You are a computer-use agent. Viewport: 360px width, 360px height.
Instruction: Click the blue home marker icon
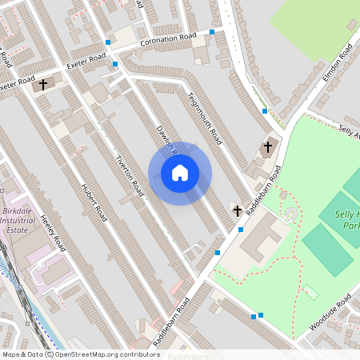point(180,173)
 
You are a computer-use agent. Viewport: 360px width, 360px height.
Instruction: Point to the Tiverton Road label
point(130,176)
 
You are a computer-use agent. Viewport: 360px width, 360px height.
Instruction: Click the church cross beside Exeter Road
point(42,82)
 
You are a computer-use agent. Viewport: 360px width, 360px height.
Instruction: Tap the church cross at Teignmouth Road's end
point(268,147)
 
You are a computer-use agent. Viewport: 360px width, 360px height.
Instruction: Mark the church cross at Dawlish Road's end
point(237,210)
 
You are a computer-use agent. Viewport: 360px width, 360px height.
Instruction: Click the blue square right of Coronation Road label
point(212,32)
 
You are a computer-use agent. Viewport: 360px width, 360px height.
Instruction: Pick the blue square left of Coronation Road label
point(108,42)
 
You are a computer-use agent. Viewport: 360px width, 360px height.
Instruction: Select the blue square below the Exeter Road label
point(115,64)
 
